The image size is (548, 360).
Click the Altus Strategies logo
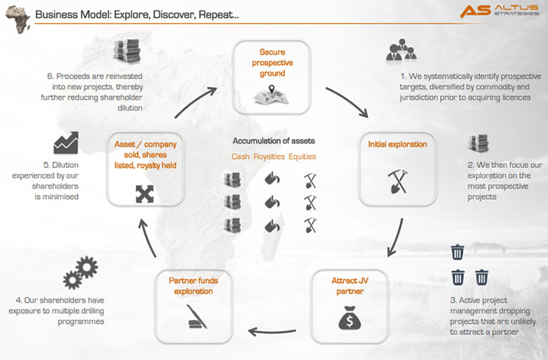499,11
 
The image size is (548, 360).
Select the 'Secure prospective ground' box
272,77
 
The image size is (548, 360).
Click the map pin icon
271,90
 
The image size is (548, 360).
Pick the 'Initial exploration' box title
398,144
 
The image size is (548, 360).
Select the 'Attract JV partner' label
350,286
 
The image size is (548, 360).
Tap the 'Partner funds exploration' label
194,286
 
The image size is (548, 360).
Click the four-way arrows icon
144,194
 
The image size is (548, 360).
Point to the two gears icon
80,272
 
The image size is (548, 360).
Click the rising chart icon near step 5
66,143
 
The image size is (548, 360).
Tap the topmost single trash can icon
457,252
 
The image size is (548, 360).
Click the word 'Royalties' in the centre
269,157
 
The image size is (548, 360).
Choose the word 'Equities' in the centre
302,157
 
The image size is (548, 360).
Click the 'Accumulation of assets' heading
274,141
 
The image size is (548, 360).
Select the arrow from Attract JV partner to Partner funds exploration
272,331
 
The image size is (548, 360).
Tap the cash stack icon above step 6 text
127,51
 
